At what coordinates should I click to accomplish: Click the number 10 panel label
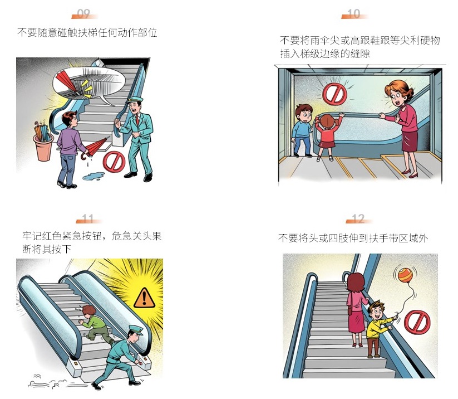click(353, 13)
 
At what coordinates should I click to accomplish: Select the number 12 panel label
click(358, 218)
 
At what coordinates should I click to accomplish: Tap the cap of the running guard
click(136, 330)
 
